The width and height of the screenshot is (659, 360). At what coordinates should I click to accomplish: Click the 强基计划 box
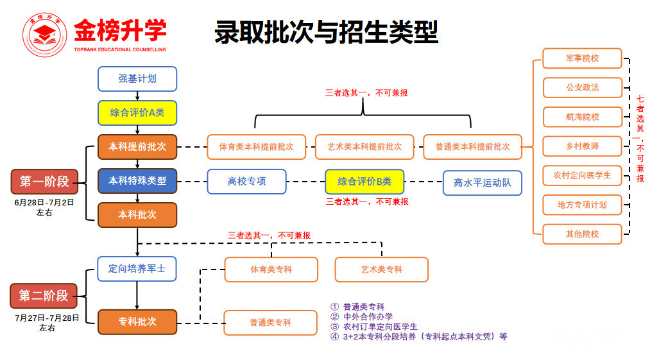(x=137, y=79)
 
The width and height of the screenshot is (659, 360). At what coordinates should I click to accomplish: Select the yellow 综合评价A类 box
(x=137, y=113)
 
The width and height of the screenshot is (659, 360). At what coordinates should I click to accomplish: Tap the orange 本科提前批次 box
(x=137, y=147)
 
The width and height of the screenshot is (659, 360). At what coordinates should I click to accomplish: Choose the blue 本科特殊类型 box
(x=137, y=180)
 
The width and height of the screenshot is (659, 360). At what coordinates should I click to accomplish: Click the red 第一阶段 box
(x=44, y=182)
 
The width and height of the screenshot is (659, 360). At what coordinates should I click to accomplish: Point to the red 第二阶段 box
(x=44, y=296)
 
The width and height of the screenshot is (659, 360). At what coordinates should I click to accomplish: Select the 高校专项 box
(x=246, y=181)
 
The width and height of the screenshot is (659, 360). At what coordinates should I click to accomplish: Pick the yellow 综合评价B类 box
(x=364, y=182)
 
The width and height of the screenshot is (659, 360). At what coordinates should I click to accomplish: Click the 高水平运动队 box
(x=482, y=183)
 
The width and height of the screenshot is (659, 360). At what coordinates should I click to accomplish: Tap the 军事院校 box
(x=582, y=58)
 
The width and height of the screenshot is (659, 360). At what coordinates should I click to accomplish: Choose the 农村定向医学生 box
(x=582, y=175)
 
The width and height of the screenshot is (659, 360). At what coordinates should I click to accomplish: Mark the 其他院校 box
(x=582, y=234)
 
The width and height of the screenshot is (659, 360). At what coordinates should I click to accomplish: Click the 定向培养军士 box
(x=137, y=269)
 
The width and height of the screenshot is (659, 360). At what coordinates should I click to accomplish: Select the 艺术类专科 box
(x=381, y=270)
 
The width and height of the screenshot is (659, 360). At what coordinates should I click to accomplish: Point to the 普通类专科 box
(x=270, y=322)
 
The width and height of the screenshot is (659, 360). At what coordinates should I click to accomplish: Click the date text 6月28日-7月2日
(x=44, y=202)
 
